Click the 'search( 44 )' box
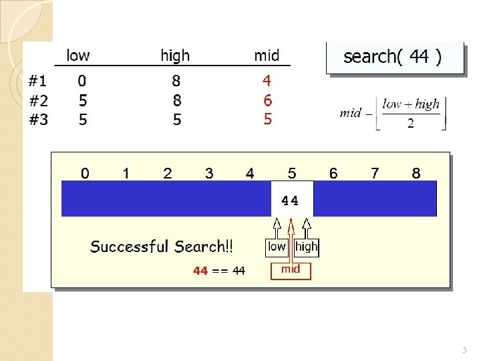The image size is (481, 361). pyautogui.click(x=393, y=57)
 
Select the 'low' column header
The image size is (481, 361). pyautogui.click(x=78, y=55)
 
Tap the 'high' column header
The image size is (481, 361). pyautogui.click(x=175, y=55)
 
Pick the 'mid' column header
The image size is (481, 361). pyautogui.click(x=267, y=55)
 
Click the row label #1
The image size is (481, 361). pyautogui.click(x=38, y=81)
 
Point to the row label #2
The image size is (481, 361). pyautogui.click(x=38, y=101)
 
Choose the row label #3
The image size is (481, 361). pyautogui.click(x=38, y=120)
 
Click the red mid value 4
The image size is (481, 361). pyautogui.click(x=267, y=81)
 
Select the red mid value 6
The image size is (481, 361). pyautogui.click(x=267, y=101)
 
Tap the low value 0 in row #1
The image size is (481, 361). pyautogui.click(x=82, y=81)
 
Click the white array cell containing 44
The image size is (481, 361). pyautogui.click(x=292, y=199)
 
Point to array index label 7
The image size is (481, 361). pyautogui.click(x=375, y=173)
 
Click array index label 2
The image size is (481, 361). pyautogui.click(x=167, y=173)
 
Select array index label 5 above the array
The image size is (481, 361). pyautogui.click(x=292, y=173)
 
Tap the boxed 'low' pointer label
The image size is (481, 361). pyautogui.click(x=277, y=247)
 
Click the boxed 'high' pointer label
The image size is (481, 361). pyautogui.click(x=306, y=247)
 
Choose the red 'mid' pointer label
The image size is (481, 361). pyautogui.click(x=291, y=269)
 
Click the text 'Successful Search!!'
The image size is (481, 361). pyautogui.click(x=162, y=247)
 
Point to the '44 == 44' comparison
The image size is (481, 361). pyautogui.click(x=219, y=271)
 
